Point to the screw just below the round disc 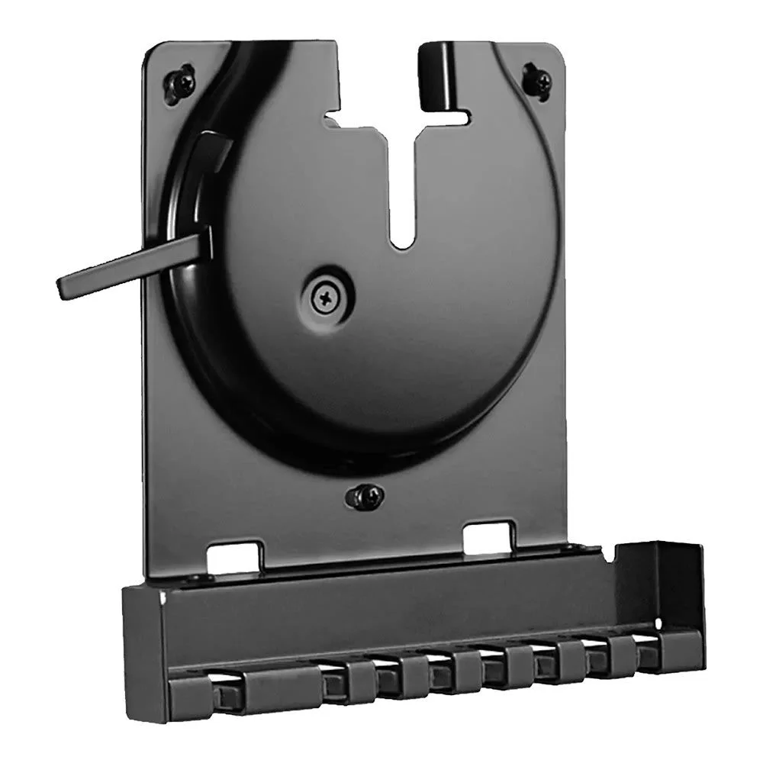click(364, 497)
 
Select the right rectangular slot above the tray click(488, 535)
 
